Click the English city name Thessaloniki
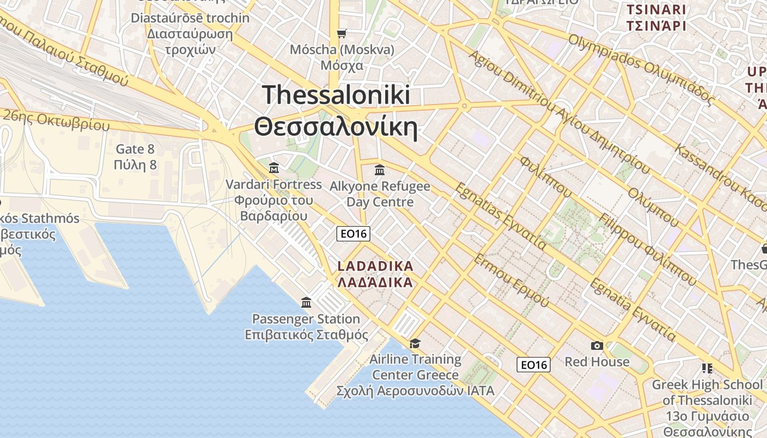click(336, 95)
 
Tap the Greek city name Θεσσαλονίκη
click(336, 128)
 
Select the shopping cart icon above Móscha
click(342, 34)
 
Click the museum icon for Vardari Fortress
click(274, 168)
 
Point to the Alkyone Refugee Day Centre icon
click(380, 170)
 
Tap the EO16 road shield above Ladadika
click(353, 234)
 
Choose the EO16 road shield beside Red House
click(534, 365)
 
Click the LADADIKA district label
click(375, 267)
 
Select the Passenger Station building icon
click(306, 302)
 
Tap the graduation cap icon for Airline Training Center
click(415, 343)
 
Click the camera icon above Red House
click(597, 345)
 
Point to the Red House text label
click(597, 362)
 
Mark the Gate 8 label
click(135, 149)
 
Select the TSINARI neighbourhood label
click(656, 10)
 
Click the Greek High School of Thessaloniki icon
click(707, 368)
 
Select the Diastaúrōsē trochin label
click(190, 18)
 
